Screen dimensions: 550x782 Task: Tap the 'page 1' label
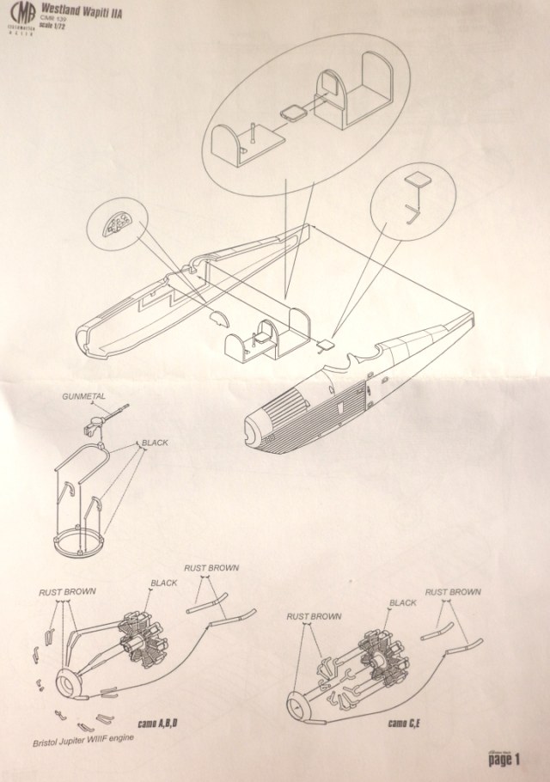505,760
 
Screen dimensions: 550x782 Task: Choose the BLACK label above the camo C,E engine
402,603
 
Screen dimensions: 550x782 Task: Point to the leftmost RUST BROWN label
67,592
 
